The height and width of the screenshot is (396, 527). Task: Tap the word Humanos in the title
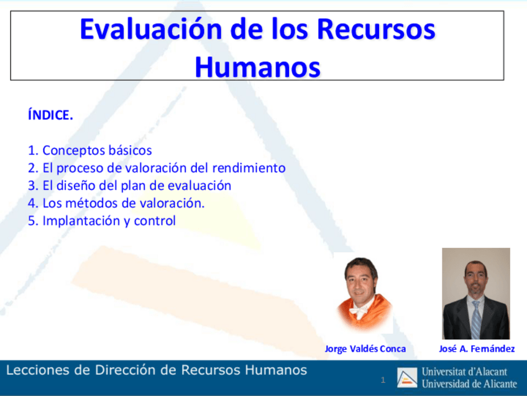click(x=257, y=67)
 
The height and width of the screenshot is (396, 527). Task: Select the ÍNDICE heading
click(x=50, y=115)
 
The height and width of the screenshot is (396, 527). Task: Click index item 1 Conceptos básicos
click(x=90, y=151)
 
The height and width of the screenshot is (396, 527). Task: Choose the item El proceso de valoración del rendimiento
click(x=157, y=168)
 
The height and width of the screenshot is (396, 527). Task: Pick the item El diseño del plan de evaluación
click(x=129, y=186)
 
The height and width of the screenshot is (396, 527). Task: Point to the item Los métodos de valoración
click(x=116, y=203)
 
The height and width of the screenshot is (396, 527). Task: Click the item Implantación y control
click(x=102, y=221)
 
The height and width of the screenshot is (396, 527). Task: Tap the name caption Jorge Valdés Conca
click(x=365, y=349)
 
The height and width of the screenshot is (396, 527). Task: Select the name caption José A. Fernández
click(x=477, y=349)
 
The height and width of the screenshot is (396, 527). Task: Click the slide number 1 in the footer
click(x=383, y=380)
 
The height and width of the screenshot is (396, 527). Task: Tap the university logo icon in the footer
click(x=408, y=377)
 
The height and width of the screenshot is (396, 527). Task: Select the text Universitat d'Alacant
click(x=464, y=372)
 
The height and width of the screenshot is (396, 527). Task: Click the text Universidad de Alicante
click(x=469, y=383)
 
